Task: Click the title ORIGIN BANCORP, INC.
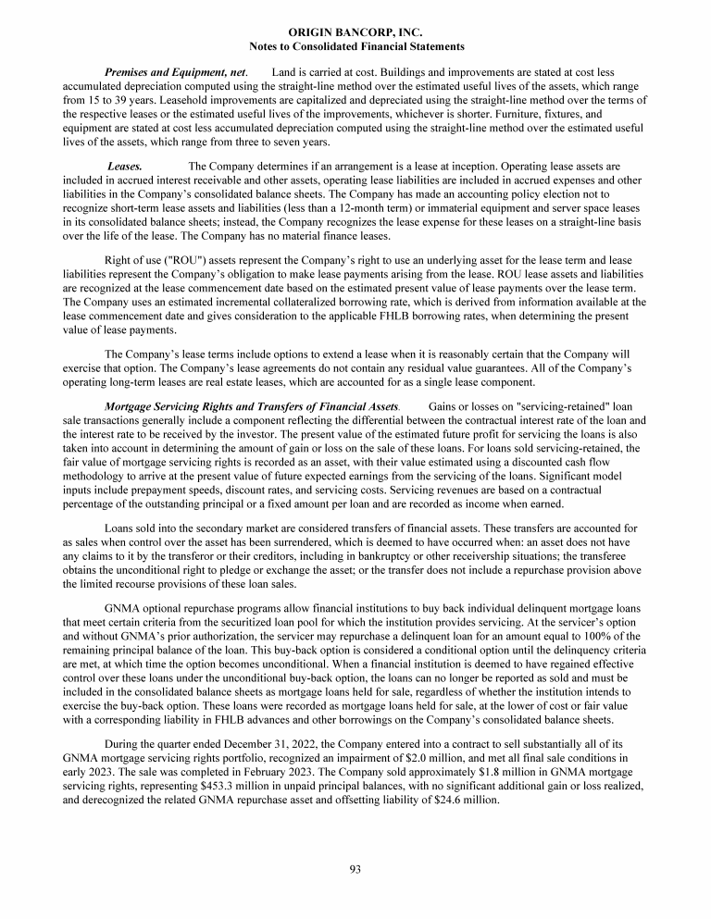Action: [355, 32]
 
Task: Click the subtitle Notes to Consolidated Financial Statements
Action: [355, 45]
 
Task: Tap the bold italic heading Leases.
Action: [125, 166]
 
